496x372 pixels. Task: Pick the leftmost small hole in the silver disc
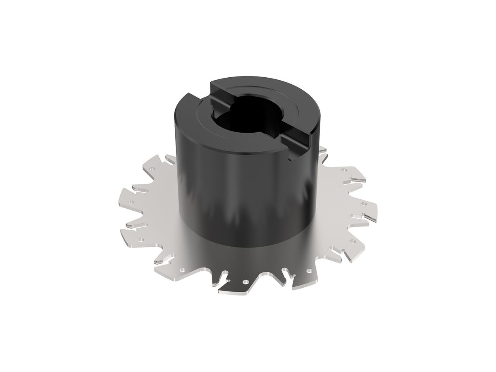tap(131, 203)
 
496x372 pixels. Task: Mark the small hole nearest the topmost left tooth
tap(152, 169)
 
